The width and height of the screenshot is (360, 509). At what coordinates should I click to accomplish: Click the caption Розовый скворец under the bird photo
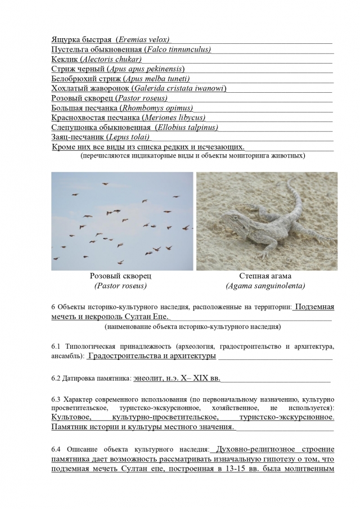point(120,276)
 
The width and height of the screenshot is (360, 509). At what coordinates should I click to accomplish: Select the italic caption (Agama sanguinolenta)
point(265,286)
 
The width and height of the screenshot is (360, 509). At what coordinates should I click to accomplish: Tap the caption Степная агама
point(265,276)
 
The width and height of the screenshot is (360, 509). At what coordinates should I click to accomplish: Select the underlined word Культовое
point(71,418)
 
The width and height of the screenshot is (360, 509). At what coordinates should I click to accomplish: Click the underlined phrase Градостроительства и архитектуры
point(152,356)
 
